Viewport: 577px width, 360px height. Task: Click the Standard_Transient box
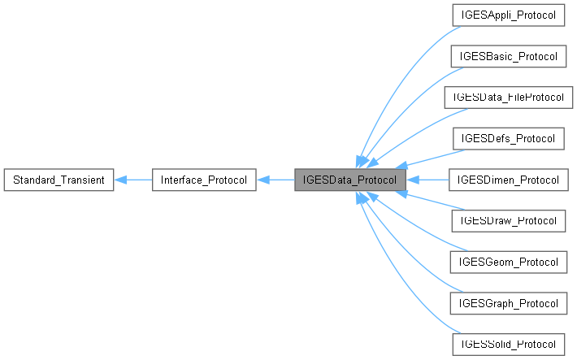tap(59, 179)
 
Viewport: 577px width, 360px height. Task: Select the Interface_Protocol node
tap(205, 179)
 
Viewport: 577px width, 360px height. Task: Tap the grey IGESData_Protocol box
tap(349, 179)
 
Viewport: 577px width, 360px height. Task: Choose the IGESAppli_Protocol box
tap(508, 16)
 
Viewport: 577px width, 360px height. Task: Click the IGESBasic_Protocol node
tap(508, 57)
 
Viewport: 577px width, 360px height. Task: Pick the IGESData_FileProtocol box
tap(508, 98)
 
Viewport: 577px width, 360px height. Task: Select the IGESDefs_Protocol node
tap(508, 138)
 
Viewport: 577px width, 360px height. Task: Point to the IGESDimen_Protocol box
tap(508, 179)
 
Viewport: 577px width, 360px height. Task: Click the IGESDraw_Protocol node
tap(508, 220)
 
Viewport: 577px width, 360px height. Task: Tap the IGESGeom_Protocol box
tap(508, 261)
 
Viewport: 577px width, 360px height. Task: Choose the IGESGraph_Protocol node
tap(508, 302)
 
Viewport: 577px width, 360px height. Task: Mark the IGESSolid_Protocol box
tap(508, 343)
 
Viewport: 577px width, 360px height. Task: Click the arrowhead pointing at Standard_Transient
tap(119, 179)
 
